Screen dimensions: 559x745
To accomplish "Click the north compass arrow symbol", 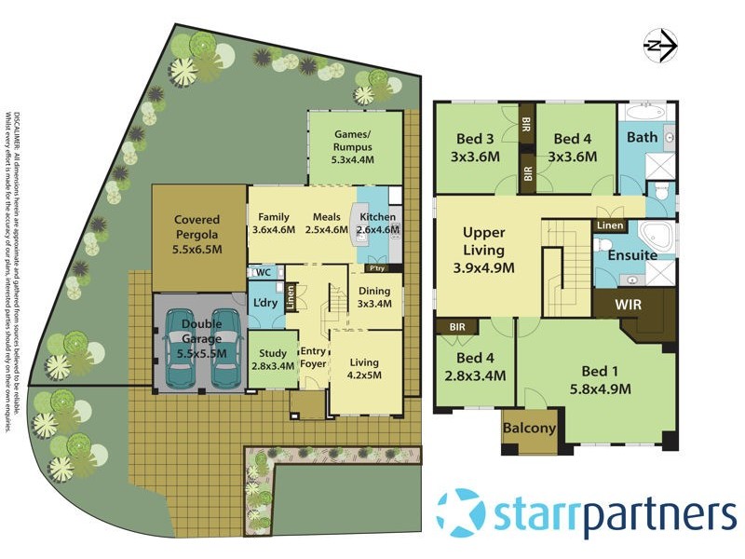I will [x=660, y=42].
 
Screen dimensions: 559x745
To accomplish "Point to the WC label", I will [x=264, y=273].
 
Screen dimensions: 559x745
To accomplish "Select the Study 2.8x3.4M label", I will [x=273, y=360].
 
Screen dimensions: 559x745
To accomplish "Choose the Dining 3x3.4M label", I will [x=374, y=296].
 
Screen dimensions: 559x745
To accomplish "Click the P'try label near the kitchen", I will [x=377, y=268].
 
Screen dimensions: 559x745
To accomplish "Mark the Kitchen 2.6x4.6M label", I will [x=378, y=224].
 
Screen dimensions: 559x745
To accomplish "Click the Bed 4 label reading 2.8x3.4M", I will [x=475, y=367].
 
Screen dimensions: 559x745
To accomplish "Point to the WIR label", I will [x=634, y=303].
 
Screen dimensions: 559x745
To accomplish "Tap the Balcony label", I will [x=529, y=429].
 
